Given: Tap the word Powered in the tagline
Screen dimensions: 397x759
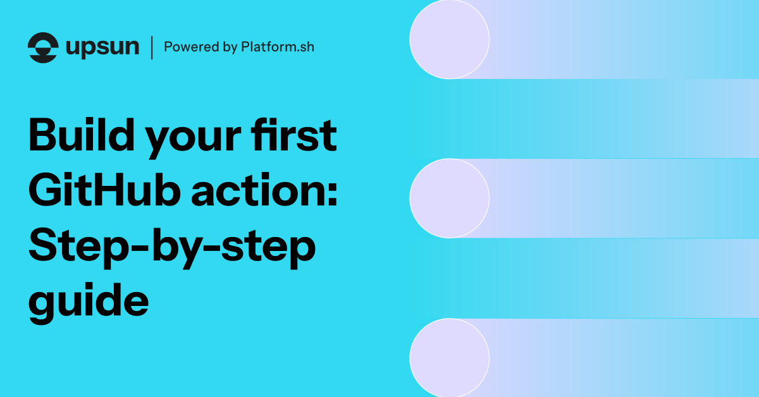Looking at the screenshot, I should tap(184, 47).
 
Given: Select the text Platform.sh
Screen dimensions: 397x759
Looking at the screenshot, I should tap(277, 47).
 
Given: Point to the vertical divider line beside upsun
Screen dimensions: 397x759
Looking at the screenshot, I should tap(152, 47).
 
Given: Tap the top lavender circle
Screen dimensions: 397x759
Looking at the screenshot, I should tap(449, 39).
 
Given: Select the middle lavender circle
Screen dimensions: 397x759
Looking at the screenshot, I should tap(449, 198).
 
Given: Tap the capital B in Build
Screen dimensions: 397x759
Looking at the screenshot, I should tap(44, 137).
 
